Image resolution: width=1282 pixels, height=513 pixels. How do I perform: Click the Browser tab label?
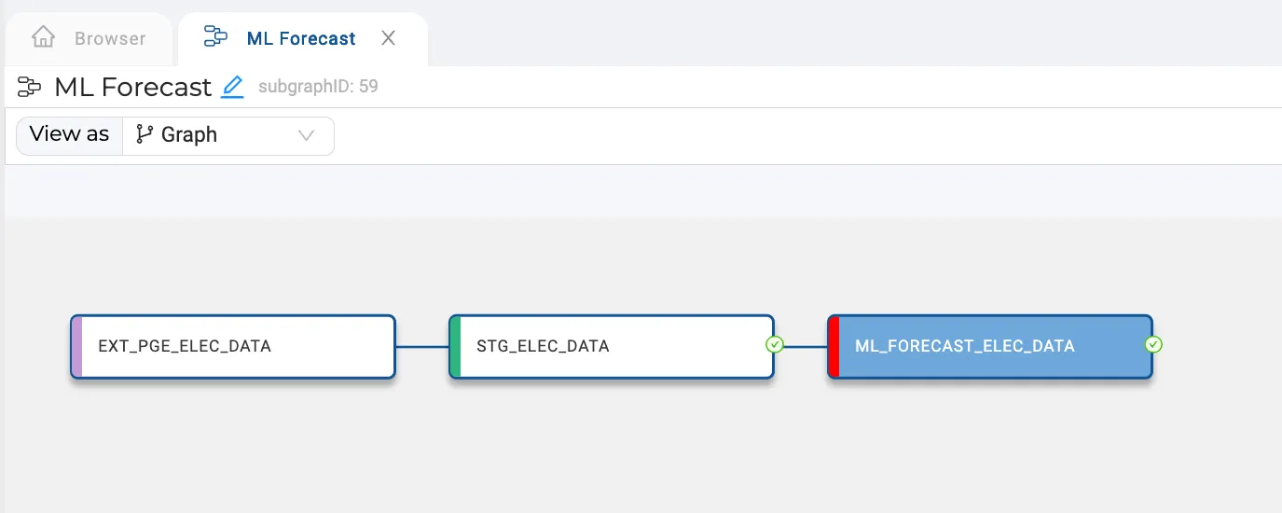(x=110, y=38)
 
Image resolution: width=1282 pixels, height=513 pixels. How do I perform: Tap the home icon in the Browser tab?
(x=43, y=36)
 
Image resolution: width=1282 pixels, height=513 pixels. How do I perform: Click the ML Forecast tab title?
(x=301, y=38)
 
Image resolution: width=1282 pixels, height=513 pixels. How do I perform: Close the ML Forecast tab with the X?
(x=388, y=38)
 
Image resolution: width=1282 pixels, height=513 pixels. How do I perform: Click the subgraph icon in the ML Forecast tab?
(x=215, y=36)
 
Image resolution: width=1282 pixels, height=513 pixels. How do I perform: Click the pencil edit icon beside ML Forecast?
(x=232, y=87)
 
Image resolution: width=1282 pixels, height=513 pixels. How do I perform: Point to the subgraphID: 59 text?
(x=318, y=87)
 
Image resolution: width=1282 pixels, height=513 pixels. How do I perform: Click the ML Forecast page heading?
(x=132, y=87)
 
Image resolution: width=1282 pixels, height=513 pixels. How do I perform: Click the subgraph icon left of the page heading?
(x=29, y=87)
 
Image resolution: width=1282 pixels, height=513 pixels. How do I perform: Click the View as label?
(x=69, y=134)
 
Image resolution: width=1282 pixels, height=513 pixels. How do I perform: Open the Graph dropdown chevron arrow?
(x=306, y=135)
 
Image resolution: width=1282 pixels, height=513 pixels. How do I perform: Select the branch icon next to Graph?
(x=145, y=134)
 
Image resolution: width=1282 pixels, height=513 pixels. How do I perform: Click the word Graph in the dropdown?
(x=189, y=135)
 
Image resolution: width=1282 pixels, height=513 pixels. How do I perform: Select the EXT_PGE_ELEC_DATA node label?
(x=185, y=346)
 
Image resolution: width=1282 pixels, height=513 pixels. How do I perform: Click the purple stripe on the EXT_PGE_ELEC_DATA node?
(x=77, y=346)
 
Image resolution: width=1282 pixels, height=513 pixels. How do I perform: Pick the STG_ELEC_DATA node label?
(x=543, y=346)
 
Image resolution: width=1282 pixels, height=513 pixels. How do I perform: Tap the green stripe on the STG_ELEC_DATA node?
(x=456, y=346)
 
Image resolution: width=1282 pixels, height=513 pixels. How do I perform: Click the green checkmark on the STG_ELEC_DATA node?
(x=775, y=345)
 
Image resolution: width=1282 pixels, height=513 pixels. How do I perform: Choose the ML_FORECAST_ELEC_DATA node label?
(x=964, y=346)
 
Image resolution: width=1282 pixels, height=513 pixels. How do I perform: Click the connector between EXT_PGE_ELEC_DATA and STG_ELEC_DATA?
(x=422, y=346)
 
